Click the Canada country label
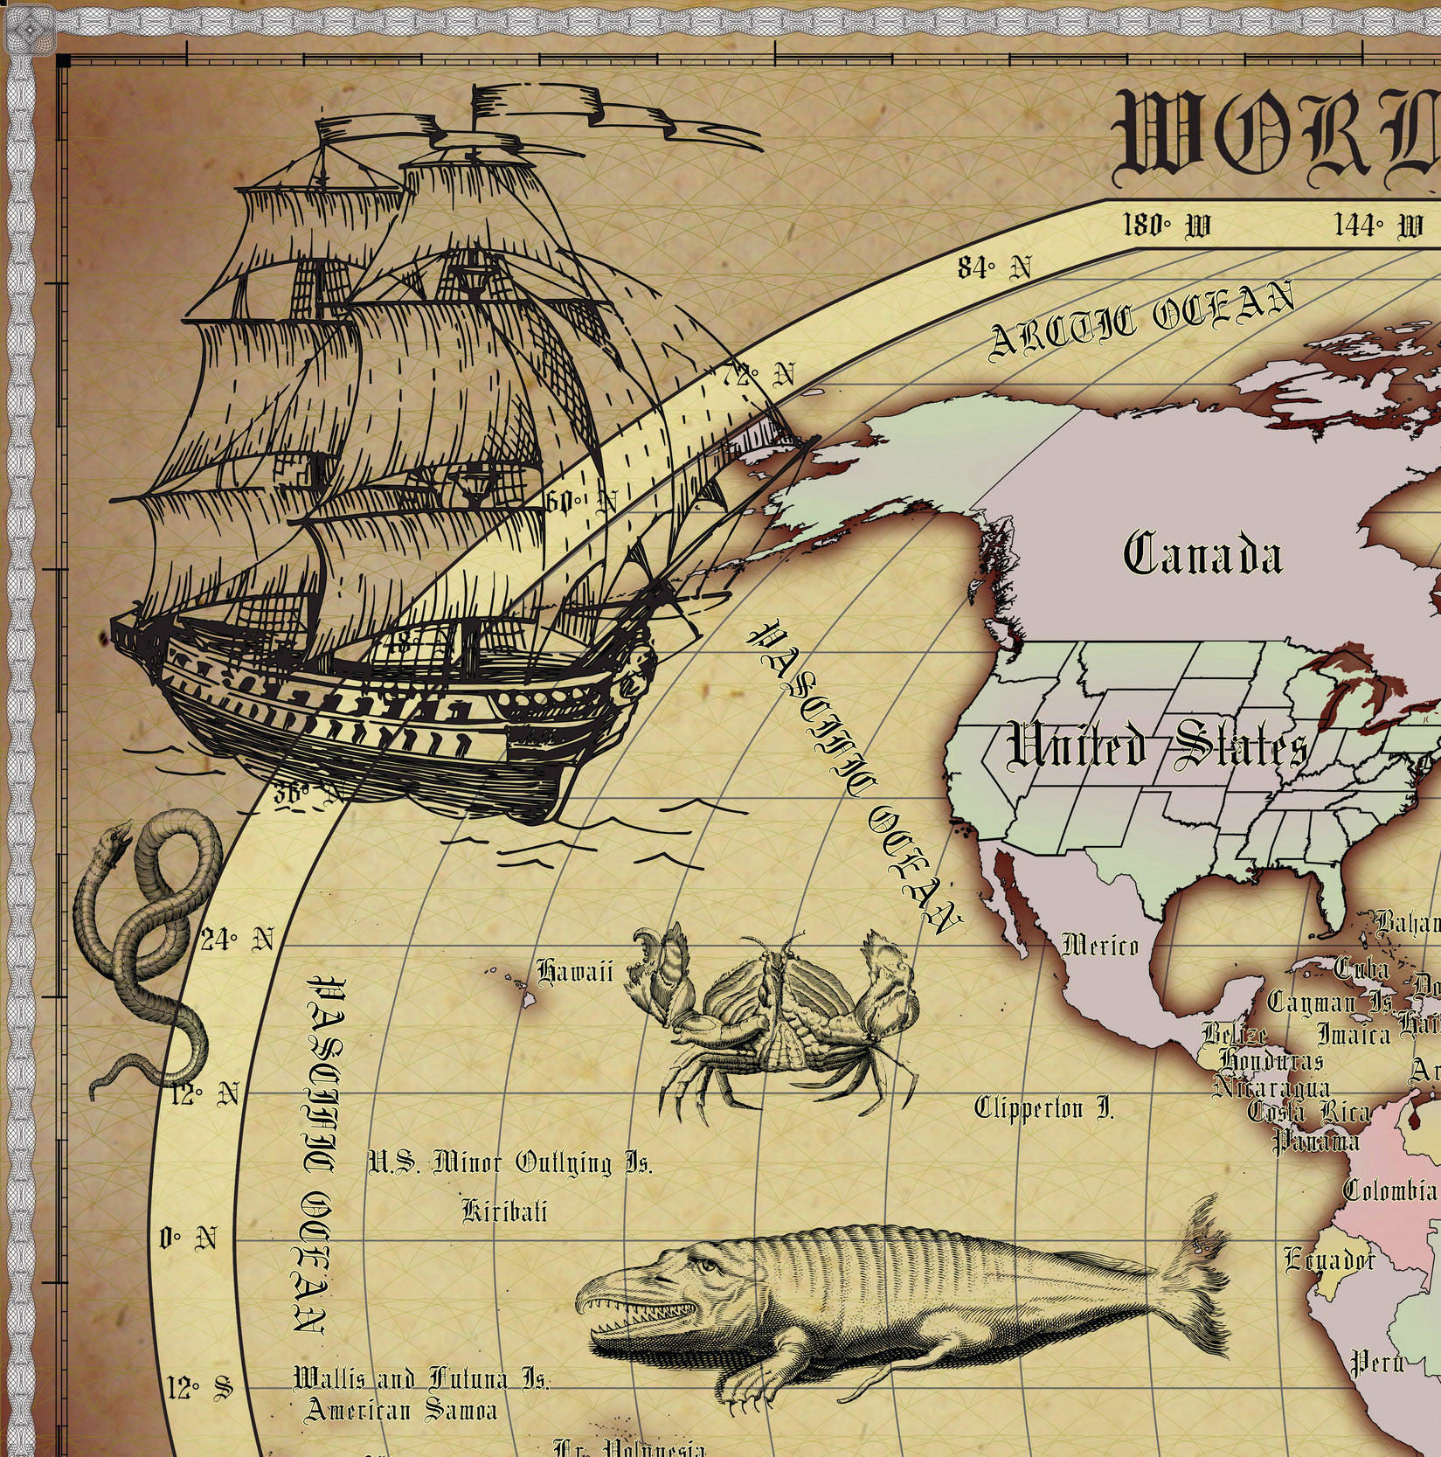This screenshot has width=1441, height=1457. click(1202, 555)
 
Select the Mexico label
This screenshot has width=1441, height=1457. click(1100, 945)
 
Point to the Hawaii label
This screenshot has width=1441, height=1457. click(575, 972)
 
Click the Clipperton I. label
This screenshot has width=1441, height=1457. click(1044, 1109)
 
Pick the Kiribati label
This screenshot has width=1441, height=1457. click(504, 1211)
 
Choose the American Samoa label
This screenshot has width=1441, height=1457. click(401, 1410)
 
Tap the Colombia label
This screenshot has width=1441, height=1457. click(1389, 1190)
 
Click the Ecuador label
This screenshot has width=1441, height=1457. click(1329, 1259)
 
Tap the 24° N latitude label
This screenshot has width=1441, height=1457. click(237, 941)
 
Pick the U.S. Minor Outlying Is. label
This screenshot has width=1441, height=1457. click(509, 1164)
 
